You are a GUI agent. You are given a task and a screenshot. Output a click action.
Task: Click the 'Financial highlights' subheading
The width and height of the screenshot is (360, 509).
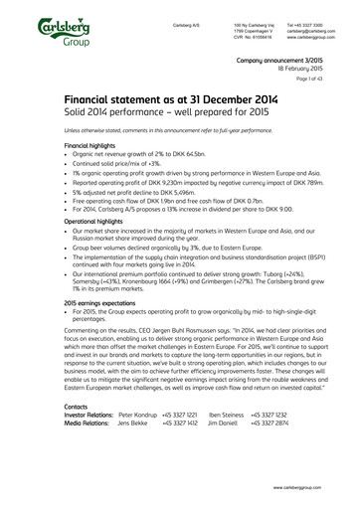click(90, 144)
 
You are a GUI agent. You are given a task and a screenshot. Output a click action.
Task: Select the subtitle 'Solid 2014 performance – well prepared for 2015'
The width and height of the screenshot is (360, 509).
click(150, 114)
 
